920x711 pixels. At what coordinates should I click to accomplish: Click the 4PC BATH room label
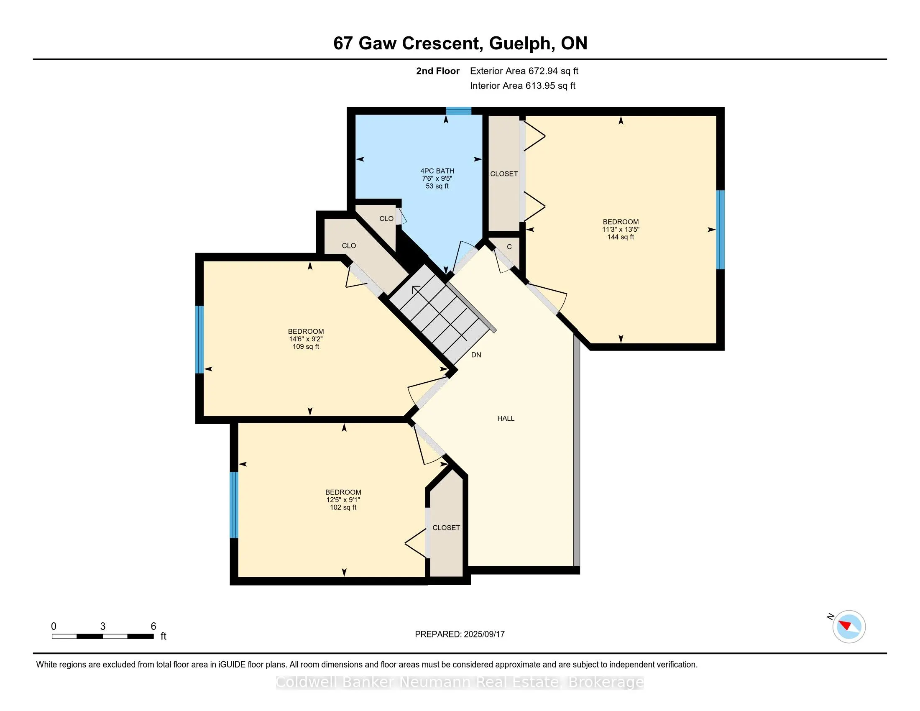click(437, 171)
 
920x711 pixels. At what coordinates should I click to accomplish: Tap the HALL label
click(506, 418)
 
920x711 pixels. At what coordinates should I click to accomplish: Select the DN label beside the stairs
click(476, 355)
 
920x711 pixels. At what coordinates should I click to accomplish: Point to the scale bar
click(103, 637)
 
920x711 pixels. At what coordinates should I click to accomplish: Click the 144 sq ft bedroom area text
click(621, 237)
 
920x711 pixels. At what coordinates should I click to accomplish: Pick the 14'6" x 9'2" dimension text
click(306, 339)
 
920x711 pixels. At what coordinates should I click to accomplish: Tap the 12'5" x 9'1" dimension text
click(343, 500)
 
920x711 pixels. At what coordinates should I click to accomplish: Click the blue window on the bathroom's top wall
click(459, 111)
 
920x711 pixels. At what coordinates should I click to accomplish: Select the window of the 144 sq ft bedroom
click(721, 230)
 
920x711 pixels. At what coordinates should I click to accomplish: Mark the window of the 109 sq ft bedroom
click(199, 340)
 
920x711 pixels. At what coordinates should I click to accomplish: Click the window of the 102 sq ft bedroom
click(234, 505)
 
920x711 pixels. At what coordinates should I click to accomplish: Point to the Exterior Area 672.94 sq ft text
click(524, 71)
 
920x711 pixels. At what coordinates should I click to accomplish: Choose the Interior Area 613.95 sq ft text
click(523, 86)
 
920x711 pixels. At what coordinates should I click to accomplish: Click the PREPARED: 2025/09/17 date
click(460, 634)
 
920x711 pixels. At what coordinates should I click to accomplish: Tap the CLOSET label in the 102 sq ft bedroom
click(446, 528)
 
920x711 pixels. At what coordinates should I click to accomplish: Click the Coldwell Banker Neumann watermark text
click(460, 682)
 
